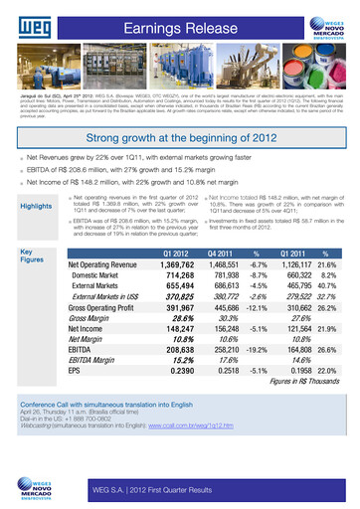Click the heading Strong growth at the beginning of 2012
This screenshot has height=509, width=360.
179,138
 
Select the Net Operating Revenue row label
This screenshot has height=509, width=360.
101,267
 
